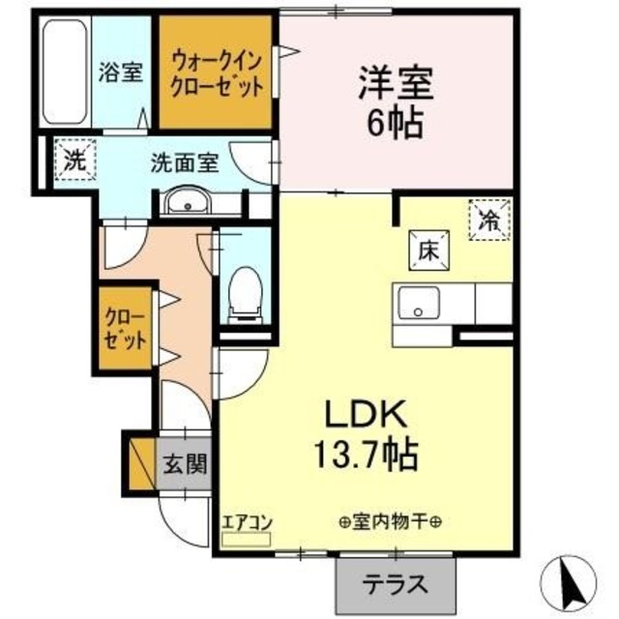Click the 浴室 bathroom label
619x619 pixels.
tap(121, 73)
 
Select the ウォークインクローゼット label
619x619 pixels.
tap(217, 73)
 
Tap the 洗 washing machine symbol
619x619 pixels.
tap(74, 161)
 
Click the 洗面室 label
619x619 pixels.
tap(183, 162)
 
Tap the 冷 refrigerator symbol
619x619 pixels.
tap(489, 218)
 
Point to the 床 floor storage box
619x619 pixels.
tap(429, 250)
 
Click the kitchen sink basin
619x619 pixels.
tap(418, 304)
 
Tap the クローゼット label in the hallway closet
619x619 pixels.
tap(126, 329)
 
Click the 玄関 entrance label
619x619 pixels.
tap(184, 463)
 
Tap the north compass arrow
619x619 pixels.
tap(572, 579)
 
